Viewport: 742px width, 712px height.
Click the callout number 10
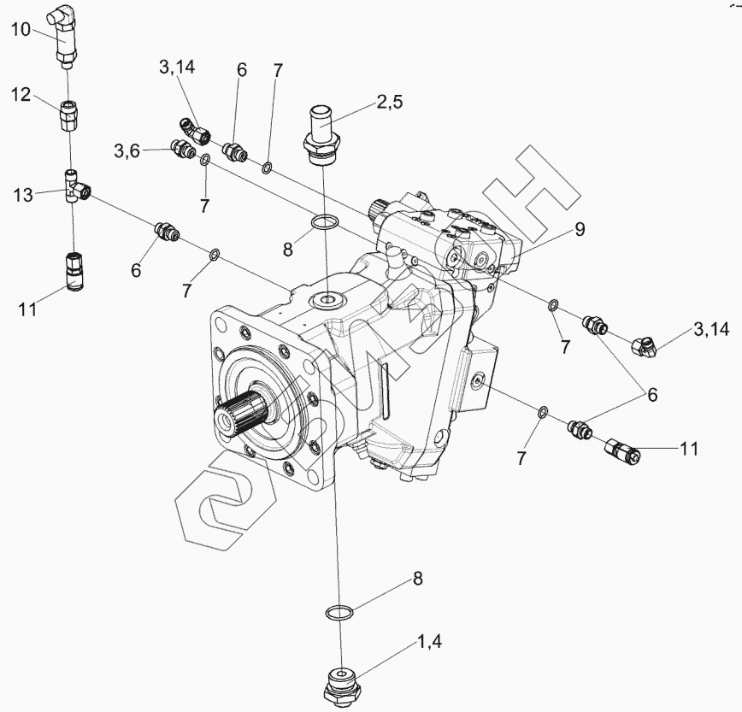click(x=21, y=30)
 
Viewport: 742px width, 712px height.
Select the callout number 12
click(x=21, y=95)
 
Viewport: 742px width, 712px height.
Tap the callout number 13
click(x=23, y=195)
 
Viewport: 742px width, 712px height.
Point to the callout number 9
click(x=580, y=229)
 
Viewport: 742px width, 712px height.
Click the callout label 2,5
click(x=390, y=101)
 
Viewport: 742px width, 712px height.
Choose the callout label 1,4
click(x=429, y=642)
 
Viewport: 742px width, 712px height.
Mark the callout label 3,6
click(x=127, y=151)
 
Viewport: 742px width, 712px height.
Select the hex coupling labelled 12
click(x=69, y=117)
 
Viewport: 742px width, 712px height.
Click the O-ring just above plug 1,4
click(x=339, y=613)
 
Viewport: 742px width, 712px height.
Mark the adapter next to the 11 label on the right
click(x=622, y=450)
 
